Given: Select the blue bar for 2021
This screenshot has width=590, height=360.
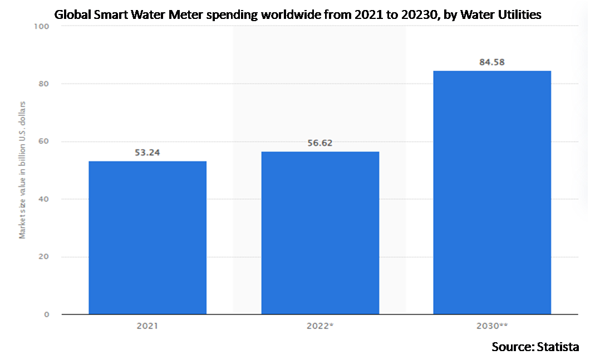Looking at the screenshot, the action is pos(147,238).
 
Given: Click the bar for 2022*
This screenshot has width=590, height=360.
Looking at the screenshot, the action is pos(320,233).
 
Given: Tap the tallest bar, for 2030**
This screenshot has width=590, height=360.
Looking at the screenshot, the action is pos(492,192).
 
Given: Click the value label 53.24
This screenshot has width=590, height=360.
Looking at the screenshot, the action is pos(147,152).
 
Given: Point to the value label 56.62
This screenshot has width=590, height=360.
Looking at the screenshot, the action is pos(320,143).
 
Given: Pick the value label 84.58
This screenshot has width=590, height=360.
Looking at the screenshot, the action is pos(492,62).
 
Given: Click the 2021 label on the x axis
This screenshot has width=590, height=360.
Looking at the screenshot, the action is pos(147,326).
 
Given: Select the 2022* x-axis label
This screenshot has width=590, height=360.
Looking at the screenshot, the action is pos(320,326).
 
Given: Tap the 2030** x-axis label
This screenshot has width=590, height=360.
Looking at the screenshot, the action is pos(492,326).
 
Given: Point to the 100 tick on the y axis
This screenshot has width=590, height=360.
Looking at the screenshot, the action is pos(41,26).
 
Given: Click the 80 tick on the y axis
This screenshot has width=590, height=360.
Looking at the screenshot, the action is pos(43,83).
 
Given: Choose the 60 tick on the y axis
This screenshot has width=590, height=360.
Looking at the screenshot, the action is pos(43,141).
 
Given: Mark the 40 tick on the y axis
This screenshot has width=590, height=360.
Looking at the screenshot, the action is pos(43,199).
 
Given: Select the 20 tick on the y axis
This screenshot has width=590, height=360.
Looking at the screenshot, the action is pos(43,257).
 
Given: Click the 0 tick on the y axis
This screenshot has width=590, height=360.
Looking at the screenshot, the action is pos(47,314).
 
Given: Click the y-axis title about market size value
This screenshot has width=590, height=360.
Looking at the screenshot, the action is pos(23,170).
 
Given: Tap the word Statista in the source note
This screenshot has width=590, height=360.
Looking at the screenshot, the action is pos(558,347).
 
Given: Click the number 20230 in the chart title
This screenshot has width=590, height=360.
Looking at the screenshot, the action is pos(421,14).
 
